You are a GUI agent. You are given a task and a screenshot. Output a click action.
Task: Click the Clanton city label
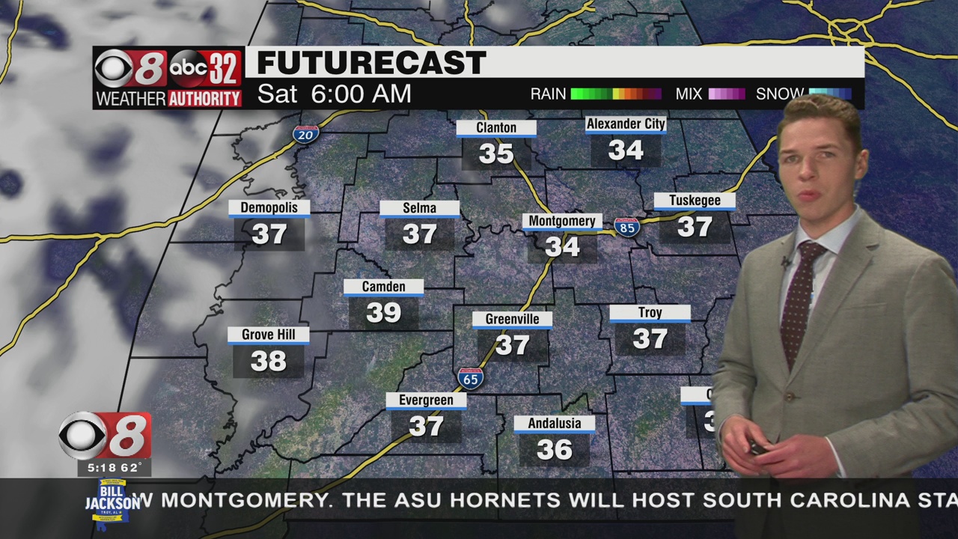pyautogui.click(x=496, y=128)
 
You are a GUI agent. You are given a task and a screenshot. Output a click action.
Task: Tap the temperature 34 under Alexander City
pyautogui.click(x=626, y=150)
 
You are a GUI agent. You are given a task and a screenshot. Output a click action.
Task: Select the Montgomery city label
pyautogui.click(x=562, y=222)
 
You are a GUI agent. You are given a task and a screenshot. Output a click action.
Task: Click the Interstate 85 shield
pyautogui.click(x=626, y=227)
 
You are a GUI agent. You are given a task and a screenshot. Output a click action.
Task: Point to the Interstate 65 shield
pyautogui.click(x=471, y=378)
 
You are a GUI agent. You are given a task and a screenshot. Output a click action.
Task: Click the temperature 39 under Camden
pyautogui.click(x=384, y=312)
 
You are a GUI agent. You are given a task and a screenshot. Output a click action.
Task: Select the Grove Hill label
pyautogui.click(x=268, y=335)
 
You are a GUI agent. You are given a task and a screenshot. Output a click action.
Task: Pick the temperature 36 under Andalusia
pyautogui.click(x=555, y=449)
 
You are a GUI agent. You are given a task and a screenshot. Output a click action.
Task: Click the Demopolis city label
pyautogui.click(x=269, y=208)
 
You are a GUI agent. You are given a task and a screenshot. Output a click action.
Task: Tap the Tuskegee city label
pyautogui.click(x=695, y=201)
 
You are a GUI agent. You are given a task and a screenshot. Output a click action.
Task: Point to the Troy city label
pyautogui.click(x=650, y=313)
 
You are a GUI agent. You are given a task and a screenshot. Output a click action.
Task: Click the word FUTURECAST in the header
pyautogui.click(x=371, y=64)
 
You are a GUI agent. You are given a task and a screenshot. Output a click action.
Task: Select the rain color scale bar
pyautogui.click(x=616, y=94)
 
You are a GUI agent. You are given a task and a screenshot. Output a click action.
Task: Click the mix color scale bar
pyautogui.click(x=726, y=94)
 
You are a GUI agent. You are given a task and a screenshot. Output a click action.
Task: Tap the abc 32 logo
pyautogui.click(x=204, y=70)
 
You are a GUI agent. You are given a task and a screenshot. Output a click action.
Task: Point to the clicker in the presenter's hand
pyautogui.click(x=757, y=448)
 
